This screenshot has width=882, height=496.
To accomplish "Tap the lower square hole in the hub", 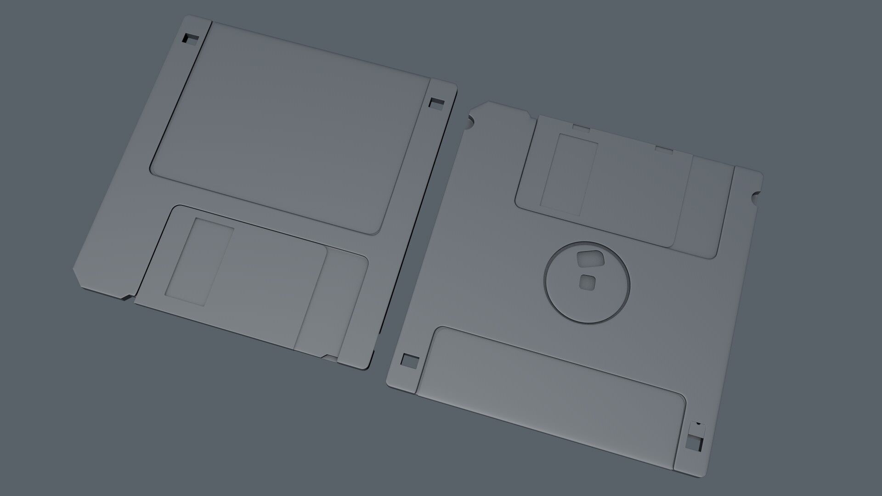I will [587, 282].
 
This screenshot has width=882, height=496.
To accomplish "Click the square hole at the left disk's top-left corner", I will [191, 39].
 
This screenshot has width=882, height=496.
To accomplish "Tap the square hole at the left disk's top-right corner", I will [436, 103].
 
